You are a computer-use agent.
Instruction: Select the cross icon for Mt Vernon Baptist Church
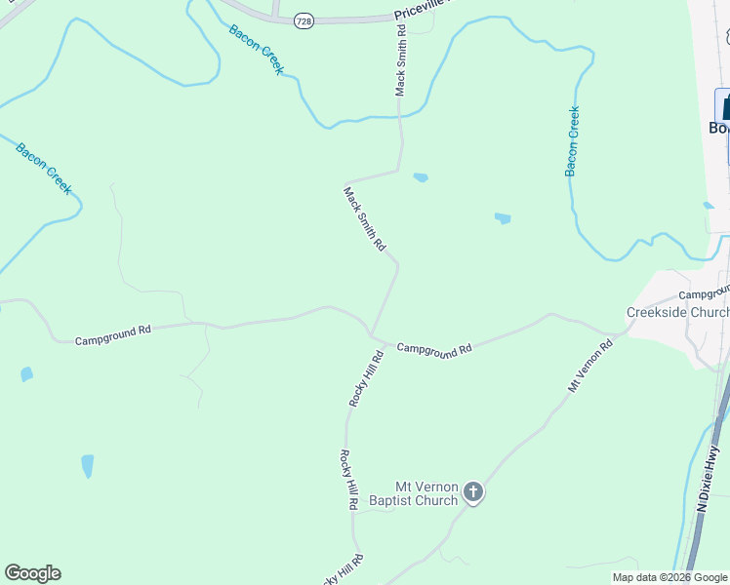[x=473, y=492]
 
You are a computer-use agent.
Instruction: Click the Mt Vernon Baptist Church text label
[x=426, y=493]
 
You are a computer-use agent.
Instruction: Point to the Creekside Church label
[x=676, y=312]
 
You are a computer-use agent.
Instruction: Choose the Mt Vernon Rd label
[x=590, y=365]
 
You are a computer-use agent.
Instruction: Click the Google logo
[x=32, y=573]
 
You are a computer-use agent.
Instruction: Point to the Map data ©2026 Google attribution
[x=669, y=577]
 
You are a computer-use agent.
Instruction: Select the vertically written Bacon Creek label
[x=573, y=141]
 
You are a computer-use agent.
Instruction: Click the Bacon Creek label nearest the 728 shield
[x=257, y=49]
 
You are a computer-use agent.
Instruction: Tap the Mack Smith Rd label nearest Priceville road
[x=400, y=60]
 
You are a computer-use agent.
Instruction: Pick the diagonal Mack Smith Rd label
[x=363, y=219]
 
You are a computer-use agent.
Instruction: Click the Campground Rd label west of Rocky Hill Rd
[x=113, y=333]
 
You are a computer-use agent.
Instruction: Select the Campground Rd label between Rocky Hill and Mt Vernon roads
[x=434, y=348]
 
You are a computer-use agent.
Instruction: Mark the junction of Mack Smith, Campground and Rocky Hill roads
[x=371, y=333]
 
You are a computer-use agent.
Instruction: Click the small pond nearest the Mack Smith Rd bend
[x=421, y=177]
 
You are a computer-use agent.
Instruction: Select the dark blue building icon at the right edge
[x=724, y=106]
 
